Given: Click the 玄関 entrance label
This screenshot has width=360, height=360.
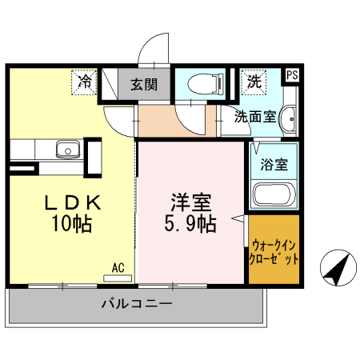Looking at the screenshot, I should [x=145, y=82].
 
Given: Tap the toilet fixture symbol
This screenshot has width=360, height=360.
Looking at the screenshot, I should [x=201, y=82].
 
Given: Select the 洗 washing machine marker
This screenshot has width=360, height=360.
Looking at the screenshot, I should [x=254, y=80].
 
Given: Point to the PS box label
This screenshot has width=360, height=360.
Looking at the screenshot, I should [x=292, y=75].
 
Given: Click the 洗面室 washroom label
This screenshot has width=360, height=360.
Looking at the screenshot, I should [x=254, y=117].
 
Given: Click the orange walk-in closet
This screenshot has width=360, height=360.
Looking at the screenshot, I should [x=274, y=250].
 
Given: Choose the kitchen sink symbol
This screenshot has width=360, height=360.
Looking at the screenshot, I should [x=66, y=149].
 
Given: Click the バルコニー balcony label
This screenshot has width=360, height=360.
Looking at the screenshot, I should [x=136, y=304].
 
